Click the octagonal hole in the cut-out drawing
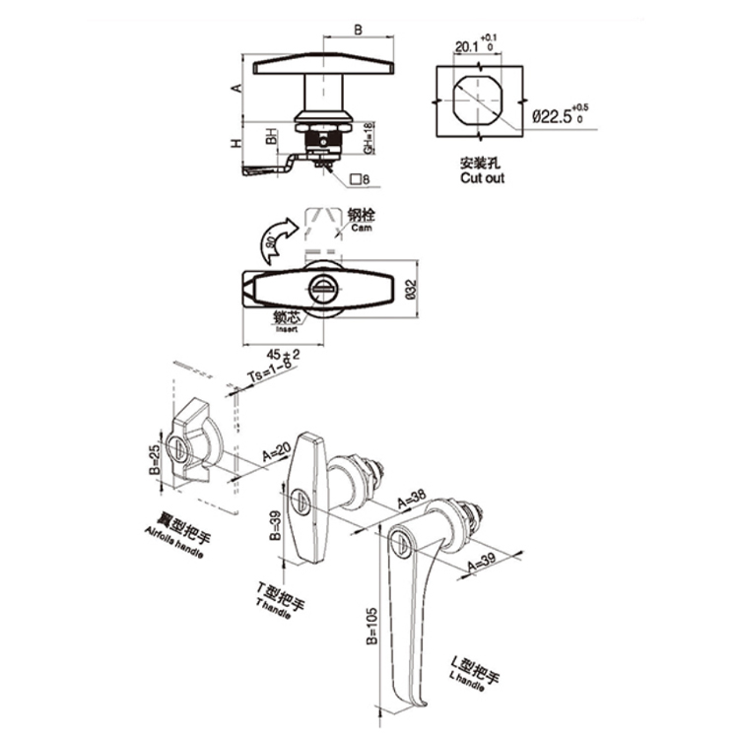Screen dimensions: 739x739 [x=477, y=102]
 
